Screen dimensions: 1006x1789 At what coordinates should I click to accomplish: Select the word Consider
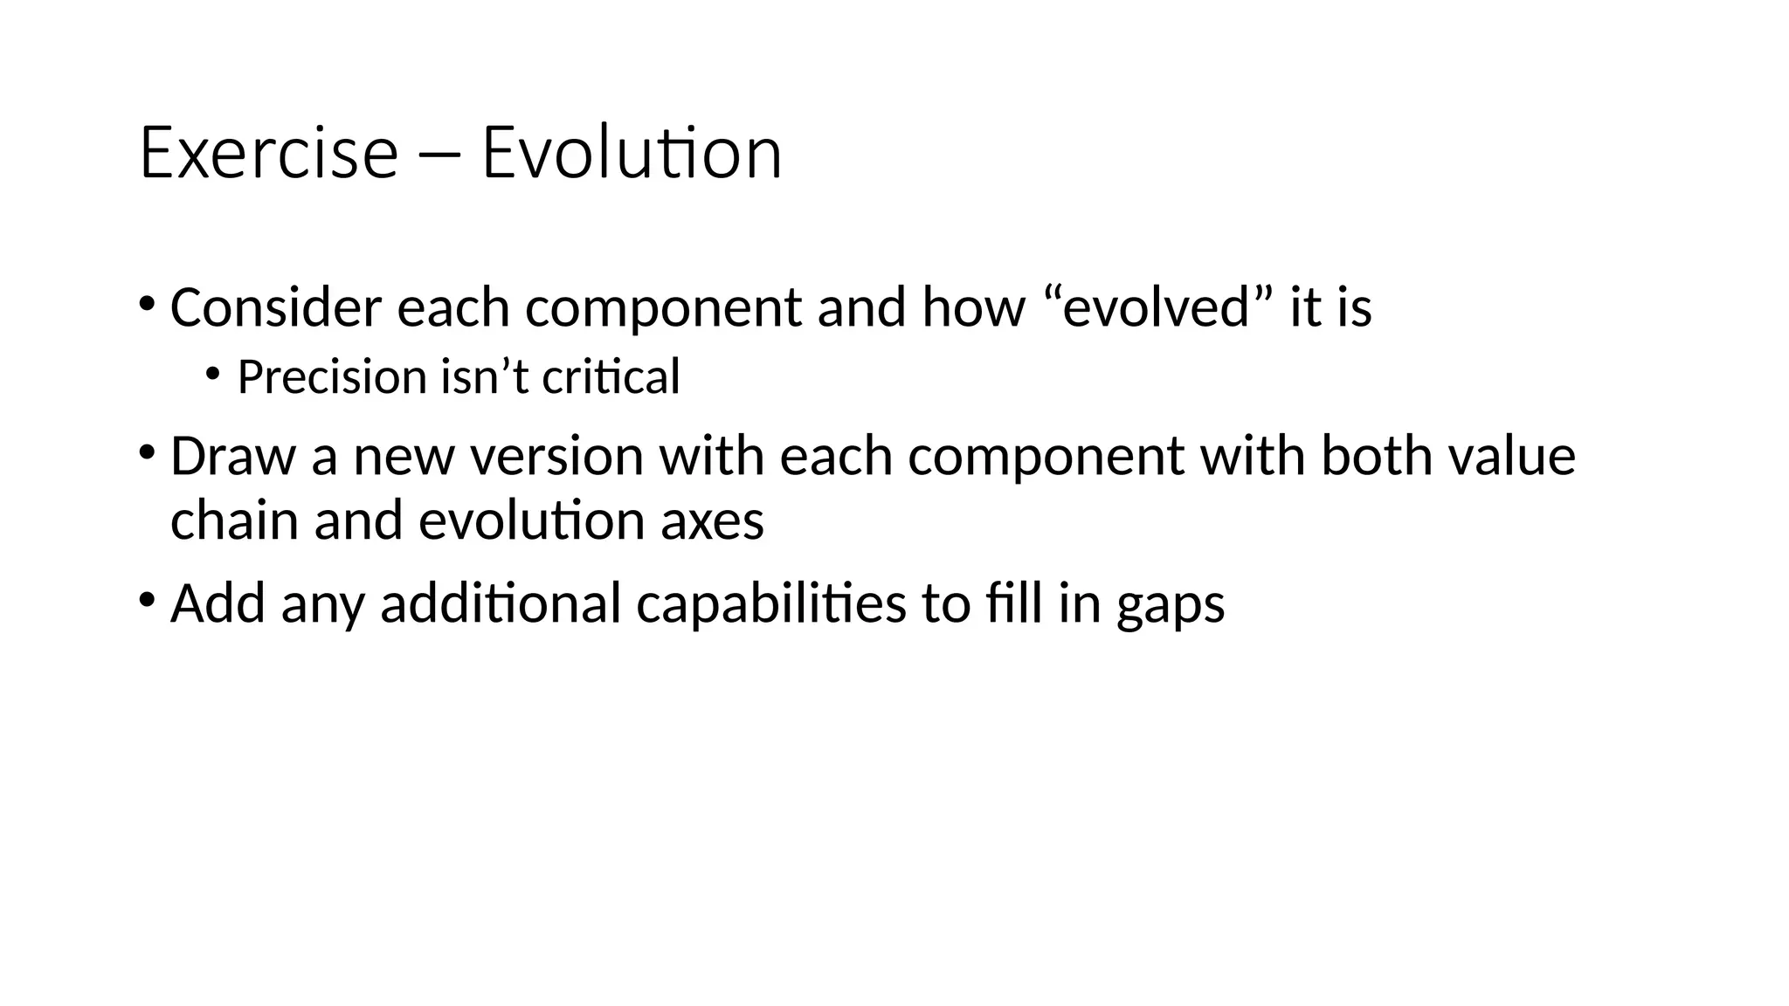(276, 307)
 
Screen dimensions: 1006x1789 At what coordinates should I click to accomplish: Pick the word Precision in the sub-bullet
(331, 377)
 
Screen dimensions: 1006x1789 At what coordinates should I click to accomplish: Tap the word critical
(611, 377)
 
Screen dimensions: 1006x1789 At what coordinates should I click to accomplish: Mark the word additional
(501, 603)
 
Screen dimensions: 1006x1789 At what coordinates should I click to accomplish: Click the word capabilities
(771, 603)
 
